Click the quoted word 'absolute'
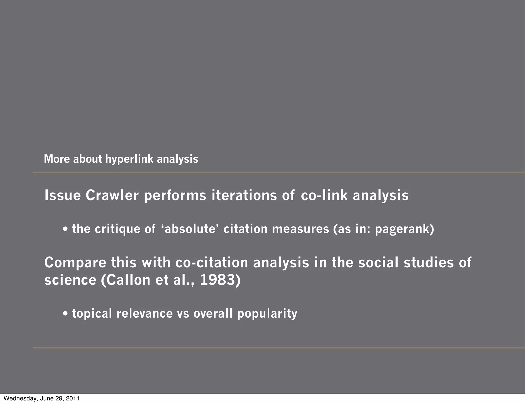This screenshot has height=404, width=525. point(190,229)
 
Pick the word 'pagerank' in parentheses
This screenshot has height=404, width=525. point(402,229)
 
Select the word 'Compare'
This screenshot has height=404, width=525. point(75,263)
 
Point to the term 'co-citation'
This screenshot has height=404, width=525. point(212,263)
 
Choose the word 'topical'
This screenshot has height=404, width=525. point(92,314)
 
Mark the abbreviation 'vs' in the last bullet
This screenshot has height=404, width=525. point(183,314)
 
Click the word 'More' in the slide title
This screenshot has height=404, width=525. point(57,159)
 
